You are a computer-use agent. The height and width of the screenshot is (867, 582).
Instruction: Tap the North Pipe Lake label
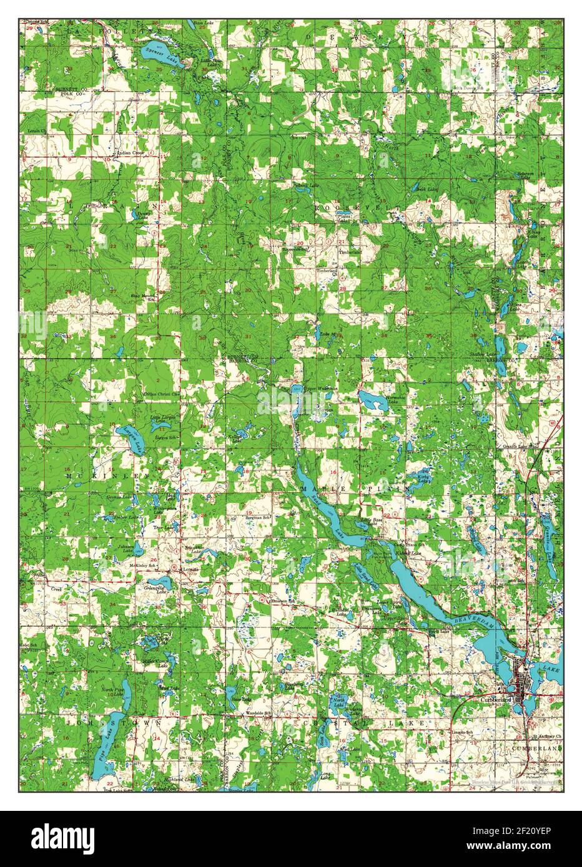(x=116, y=689)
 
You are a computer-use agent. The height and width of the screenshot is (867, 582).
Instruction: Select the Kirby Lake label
(x=425, y=478)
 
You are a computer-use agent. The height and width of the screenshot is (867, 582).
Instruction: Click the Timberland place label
(x=350, y=253)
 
